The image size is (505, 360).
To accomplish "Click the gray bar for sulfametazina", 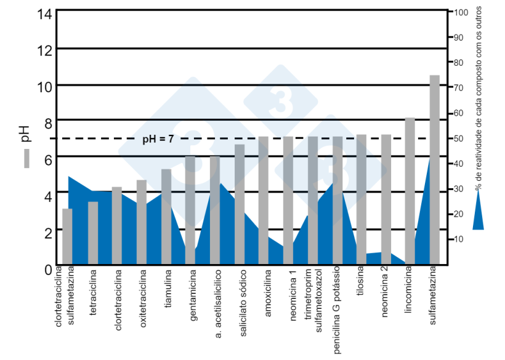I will [434, 169].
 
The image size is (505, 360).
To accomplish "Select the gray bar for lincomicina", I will [410, 190].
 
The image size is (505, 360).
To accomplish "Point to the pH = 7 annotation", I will [158, 139].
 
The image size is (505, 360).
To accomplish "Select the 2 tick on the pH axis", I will [44, 230].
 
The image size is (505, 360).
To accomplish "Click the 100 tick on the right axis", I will [462, 12].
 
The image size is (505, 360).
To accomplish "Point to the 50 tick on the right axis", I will [461, 138].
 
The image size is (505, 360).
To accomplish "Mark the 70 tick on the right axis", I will [461, 87].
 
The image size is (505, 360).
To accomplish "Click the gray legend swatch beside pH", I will [26, 159].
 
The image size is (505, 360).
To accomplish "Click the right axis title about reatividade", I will [478, 98].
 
